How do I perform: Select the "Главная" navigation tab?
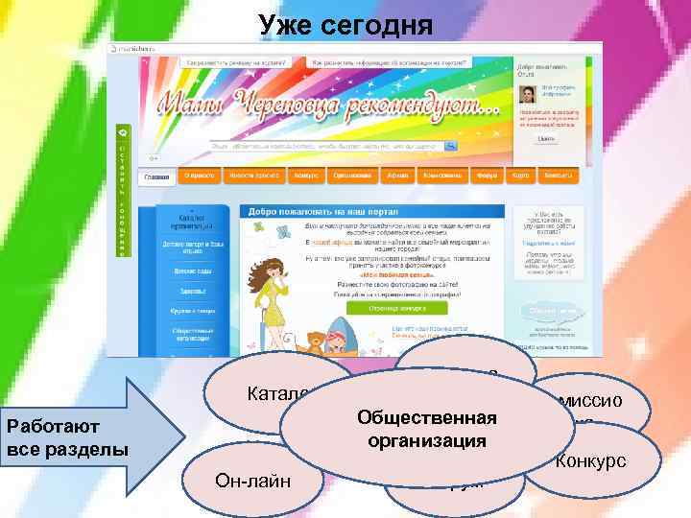click(x=156, y=177)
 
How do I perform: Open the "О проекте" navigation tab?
click(x=200, y=177)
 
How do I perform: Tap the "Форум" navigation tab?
click(x=488, y=177)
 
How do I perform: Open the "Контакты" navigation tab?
click(x=556, y=177)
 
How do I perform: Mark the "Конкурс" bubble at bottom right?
click(x=589, y=461)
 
